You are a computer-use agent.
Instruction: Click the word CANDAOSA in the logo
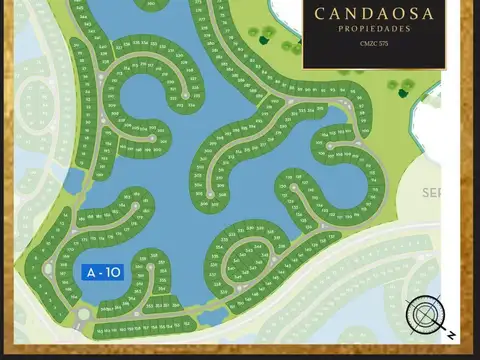[x=373, y=14]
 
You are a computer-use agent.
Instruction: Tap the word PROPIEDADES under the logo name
[x=373, y=29]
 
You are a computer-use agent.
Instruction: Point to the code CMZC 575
[x=373, y=43]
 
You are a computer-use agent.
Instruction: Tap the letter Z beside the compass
[x=453, y=334]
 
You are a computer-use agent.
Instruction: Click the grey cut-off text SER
[x=432, y=191]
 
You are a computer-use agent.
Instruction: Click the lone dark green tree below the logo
[x=403, y=93]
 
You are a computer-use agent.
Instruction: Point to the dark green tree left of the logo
[x=266, y=39]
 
